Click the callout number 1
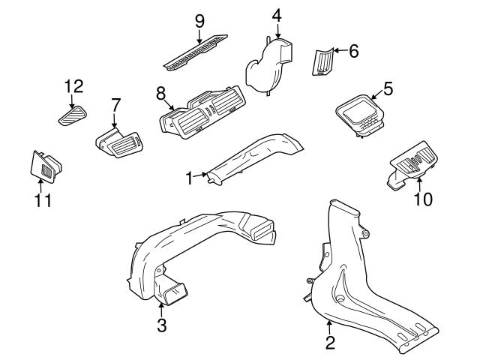[190, 178]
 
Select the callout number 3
[161, 325]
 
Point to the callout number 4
[277, 14]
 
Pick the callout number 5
[387, 88]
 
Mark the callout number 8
[160, 93]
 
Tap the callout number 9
[199, 20]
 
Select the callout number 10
[424, 199]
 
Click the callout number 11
[43, 201]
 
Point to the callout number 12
[73, 86]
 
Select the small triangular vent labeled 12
[72, 115]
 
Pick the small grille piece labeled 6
[322, 60]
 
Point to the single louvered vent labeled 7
[121, 142]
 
